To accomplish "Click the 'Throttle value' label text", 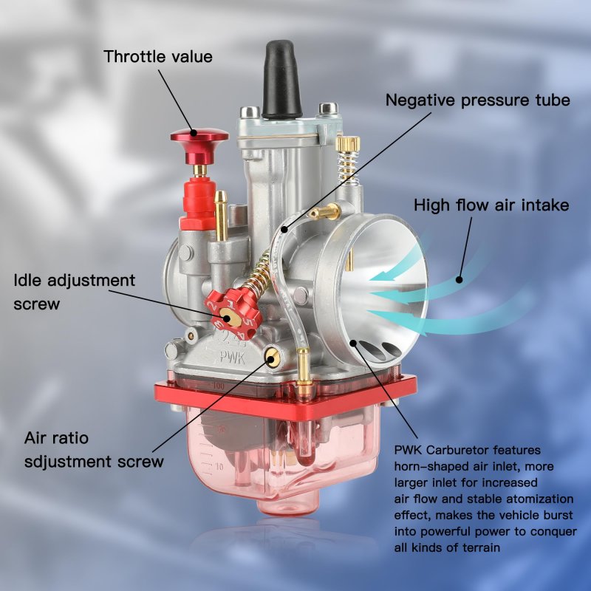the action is tap(158, 57).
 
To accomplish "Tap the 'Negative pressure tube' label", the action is tap(477, 100).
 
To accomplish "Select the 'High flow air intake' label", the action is tap(491, 205).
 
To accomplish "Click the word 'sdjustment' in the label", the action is tap(68, 461).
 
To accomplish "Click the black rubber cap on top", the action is tap(281, 80).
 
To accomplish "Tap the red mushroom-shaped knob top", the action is tap(199, 137).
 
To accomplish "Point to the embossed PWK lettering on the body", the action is tap(232, 357).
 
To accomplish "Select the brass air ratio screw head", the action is tap(272, 357).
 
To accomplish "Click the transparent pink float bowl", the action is tap(280, 454).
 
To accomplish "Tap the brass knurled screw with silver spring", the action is tap(348, 160).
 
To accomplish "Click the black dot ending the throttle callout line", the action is tap(194, 133).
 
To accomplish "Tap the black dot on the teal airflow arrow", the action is tap(459, 280).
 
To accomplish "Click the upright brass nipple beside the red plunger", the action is tap(221, 216).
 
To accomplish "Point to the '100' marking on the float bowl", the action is tap(218, 386).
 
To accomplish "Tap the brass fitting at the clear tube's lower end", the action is tap(304, 366).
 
